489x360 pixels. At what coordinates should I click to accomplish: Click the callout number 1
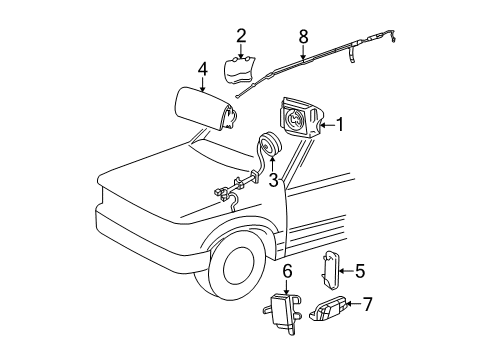pos(339,125)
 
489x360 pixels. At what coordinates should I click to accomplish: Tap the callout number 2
pos(241,36)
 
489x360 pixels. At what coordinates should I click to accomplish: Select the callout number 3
pos(273,180)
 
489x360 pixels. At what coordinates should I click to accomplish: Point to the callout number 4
pos(202,70)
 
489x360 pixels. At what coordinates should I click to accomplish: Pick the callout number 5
pos(360,271)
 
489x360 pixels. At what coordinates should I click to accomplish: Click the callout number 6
pos(287,272)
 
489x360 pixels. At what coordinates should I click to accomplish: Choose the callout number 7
pos(367,304)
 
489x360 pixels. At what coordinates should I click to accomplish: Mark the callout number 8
pos(303,36)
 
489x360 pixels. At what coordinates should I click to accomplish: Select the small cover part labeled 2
pos(240,70)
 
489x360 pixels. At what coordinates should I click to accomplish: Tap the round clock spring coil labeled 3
pos(269,144)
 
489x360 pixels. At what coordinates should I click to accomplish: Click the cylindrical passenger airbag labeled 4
pos(205,108)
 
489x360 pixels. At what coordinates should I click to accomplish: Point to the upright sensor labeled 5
pos(330,268)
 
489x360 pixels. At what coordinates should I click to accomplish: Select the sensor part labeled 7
pos(329,308)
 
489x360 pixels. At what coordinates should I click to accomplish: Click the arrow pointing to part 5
pos(346,271)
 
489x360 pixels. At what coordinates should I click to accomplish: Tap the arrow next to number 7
pos(353,304)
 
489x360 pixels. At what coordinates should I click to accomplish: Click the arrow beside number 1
pos(327,125)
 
